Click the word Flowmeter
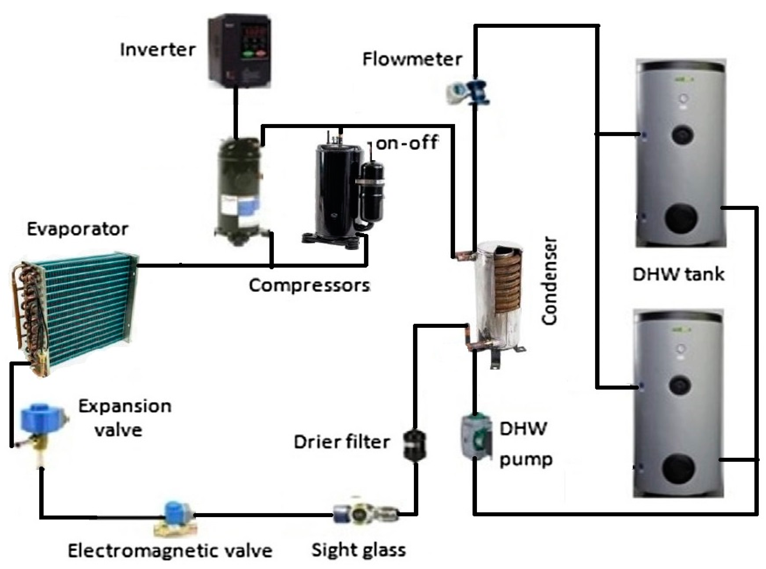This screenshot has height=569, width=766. coord(412,59)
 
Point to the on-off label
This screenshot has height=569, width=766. coord(407,143)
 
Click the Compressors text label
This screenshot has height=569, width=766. coord(309,286)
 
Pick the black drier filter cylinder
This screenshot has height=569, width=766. coord(414,446)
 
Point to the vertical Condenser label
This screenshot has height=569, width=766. coord(549,281)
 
